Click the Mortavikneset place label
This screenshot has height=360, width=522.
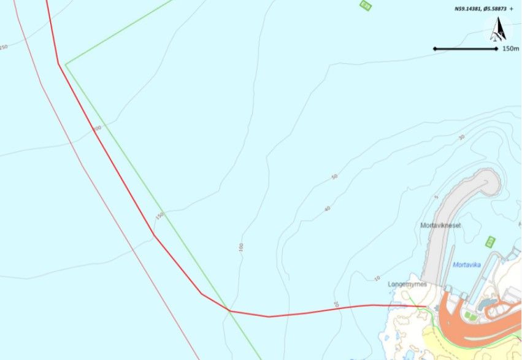(440, 226)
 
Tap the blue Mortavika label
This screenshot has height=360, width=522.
(466, 265)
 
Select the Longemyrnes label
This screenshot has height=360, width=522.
(407, 285)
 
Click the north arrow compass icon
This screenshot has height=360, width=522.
(499, 29)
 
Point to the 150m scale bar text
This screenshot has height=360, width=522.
(510, 48)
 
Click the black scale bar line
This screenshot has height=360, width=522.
(465, 48)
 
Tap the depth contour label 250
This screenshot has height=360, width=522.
(4, 47)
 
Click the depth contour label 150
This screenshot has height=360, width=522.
(159, 216)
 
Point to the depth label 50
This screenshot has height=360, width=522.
(334, 177)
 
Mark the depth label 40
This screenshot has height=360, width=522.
(327, 209)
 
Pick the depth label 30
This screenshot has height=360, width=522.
(461, 138)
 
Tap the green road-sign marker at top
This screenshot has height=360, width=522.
(366, 6)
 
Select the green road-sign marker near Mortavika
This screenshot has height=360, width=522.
(490, 241)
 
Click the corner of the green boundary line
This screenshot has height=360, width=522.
(66, 63)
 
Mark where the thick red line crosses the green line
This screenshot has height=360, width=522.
(229, 310)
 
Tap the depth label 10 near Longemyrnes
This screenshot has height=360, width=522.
(377, 278)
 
